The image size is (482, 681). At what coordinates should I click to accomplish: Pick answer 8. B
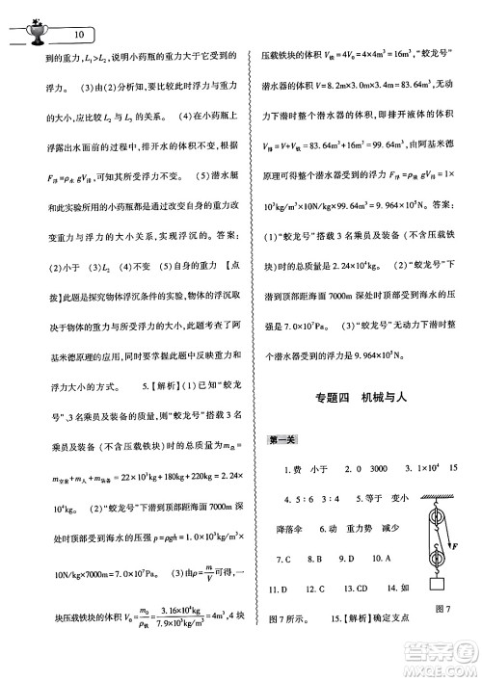[x=313, y=559]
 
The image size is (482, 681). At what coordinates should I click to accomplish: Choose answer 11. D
[x=281, y=589]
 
